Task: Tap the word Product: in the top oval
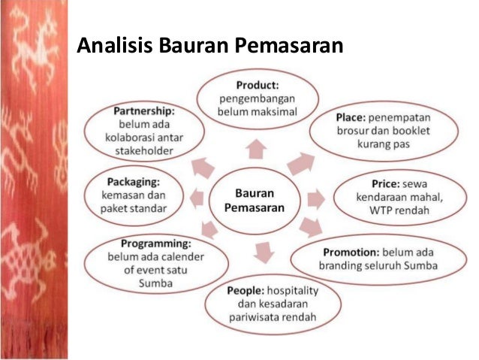tap(258, 85)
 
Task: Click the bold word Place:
tap(354, 117)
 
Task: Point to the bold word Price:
tap(388, 183)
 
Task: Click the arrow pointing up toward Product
tap(257, 147)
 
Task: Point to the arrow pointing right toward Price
tap(316, 199)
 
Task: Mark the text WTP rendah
tap(404, 211)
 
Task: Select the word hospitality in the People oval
tap(288, 290)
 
